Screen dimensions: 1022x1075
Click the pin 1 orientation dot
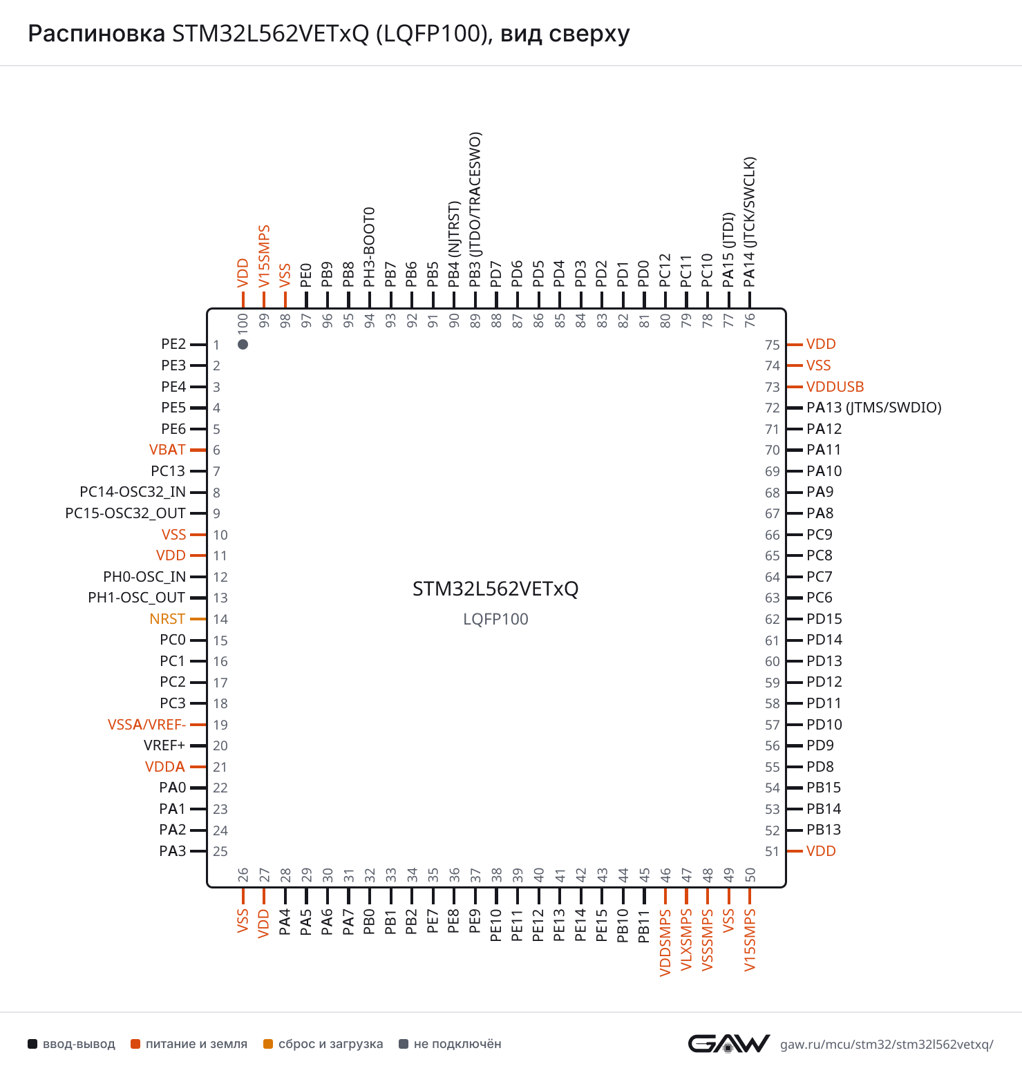(x=243, y=344)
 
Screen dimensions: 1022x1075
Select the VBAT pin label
(x=167, y=450)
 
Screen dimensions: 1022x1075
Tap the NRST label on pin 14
(x=167, y=619)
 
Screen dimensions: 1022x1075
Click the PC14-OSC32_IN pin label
(x=133, y=492)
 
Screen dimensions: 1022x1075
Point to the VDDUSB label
(x=835, y=387)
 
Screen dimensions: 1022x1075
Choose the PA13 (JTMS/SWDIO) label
(x=874, y=408)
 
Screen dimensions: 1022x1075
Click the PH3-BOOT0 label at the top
(x=370, y=247)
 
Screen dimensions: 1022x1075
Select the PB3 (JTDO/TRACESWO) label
(x=475, y=210)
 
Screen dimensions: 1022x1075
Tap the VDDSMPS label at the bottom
(x=665, y=942)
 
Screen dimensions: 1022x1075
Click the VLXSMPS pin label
(x=686, y=940)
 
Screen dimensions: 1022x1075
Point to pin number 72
(x=772, y=408)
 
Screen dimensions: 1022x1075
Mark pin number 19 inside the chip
(x=220, y=725)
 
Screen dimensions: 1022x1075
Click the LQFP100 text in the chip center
(x=495, y=619)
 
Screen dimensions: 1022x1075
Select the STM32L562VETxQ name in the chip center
(x=495, y=589)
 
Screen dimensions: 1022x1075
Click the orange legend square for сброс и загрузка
(x=268, y=1044)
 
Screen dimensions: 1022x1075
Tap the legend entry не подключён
(x=450, y=1044)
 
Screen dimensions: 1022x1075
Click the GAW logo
(x=728, y=1043)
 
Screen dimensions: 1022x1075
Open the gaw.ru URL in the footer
(x=887, y=1044)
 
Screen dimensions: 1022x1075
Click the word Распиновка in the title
(x=96, y=33)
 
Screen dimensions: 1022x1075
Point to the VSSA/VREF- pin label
(x=146, y=725)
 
